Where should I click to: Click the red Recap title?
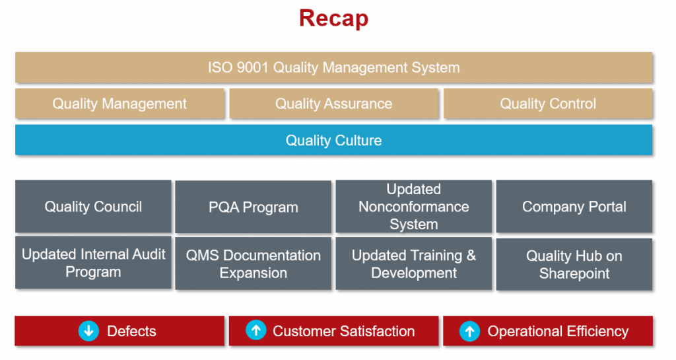click(333, 18)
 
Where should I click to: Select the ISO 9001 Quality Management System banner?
click(333, 67)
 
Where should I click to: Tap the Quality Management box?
click(119, 104)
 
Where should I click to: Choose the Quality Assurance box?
click(333, 104)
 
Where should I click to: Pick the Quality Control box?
click(548, 104)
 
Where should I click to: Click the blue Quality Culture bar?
click(333, 140)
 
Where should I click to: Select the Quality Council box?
click(93, 207)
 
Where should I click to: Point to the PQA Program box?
click(253, 207)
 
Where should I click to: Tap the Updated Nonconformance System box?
click(414, 207)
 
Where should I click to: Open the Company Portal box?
click(574, 207)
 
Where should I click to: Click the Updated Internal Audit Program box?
click(93, 262)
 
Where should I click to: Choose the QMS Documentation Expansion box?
click(253, 264)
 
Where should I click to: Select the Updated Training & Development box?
click(414, 264)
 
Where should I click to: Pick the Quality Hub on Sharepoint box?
click(574, 264)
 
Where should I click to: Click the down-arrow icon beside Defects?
click(89, 331)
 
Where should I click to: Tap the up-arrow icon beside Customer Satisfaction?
click(256, 330)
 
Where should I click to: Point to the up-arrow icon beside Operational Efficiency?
click(470, 331)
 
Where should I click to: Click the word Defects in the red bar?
click(131, 331)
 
